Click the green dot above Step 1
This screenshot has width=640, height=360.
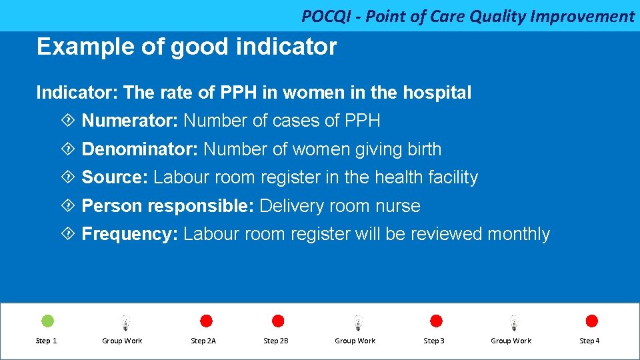click(48, 321)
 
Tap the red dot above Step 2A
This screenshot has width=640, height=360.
click(206, 321)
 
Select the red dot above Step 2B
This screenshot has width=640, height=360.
click(278, 321)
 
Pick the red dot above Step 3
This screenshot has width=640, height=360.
click(436, 321)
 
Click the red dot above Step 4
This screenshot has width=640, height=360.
click(591, 321)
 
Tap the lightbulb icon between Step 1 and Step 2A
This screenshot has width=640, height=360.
click(125, 323)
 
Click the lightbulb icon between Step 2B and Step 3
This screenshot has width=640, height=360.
click(358, 323)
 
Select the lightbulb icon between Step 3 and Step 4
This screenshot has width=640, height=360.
click(513, 323)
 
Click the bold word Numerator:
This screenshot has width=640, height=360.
click(130, 121)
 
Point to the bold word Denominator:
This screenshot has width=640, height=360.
click(139, 149)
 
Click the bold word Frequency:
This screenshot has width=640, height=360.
click(129, 234)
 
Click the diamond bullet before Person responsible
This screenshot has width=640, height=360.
click(67, 206)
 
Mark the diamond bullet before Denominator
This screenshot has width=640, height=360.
click(67, 149)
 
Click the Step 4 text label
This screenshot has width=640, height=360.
click(589, 341)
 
